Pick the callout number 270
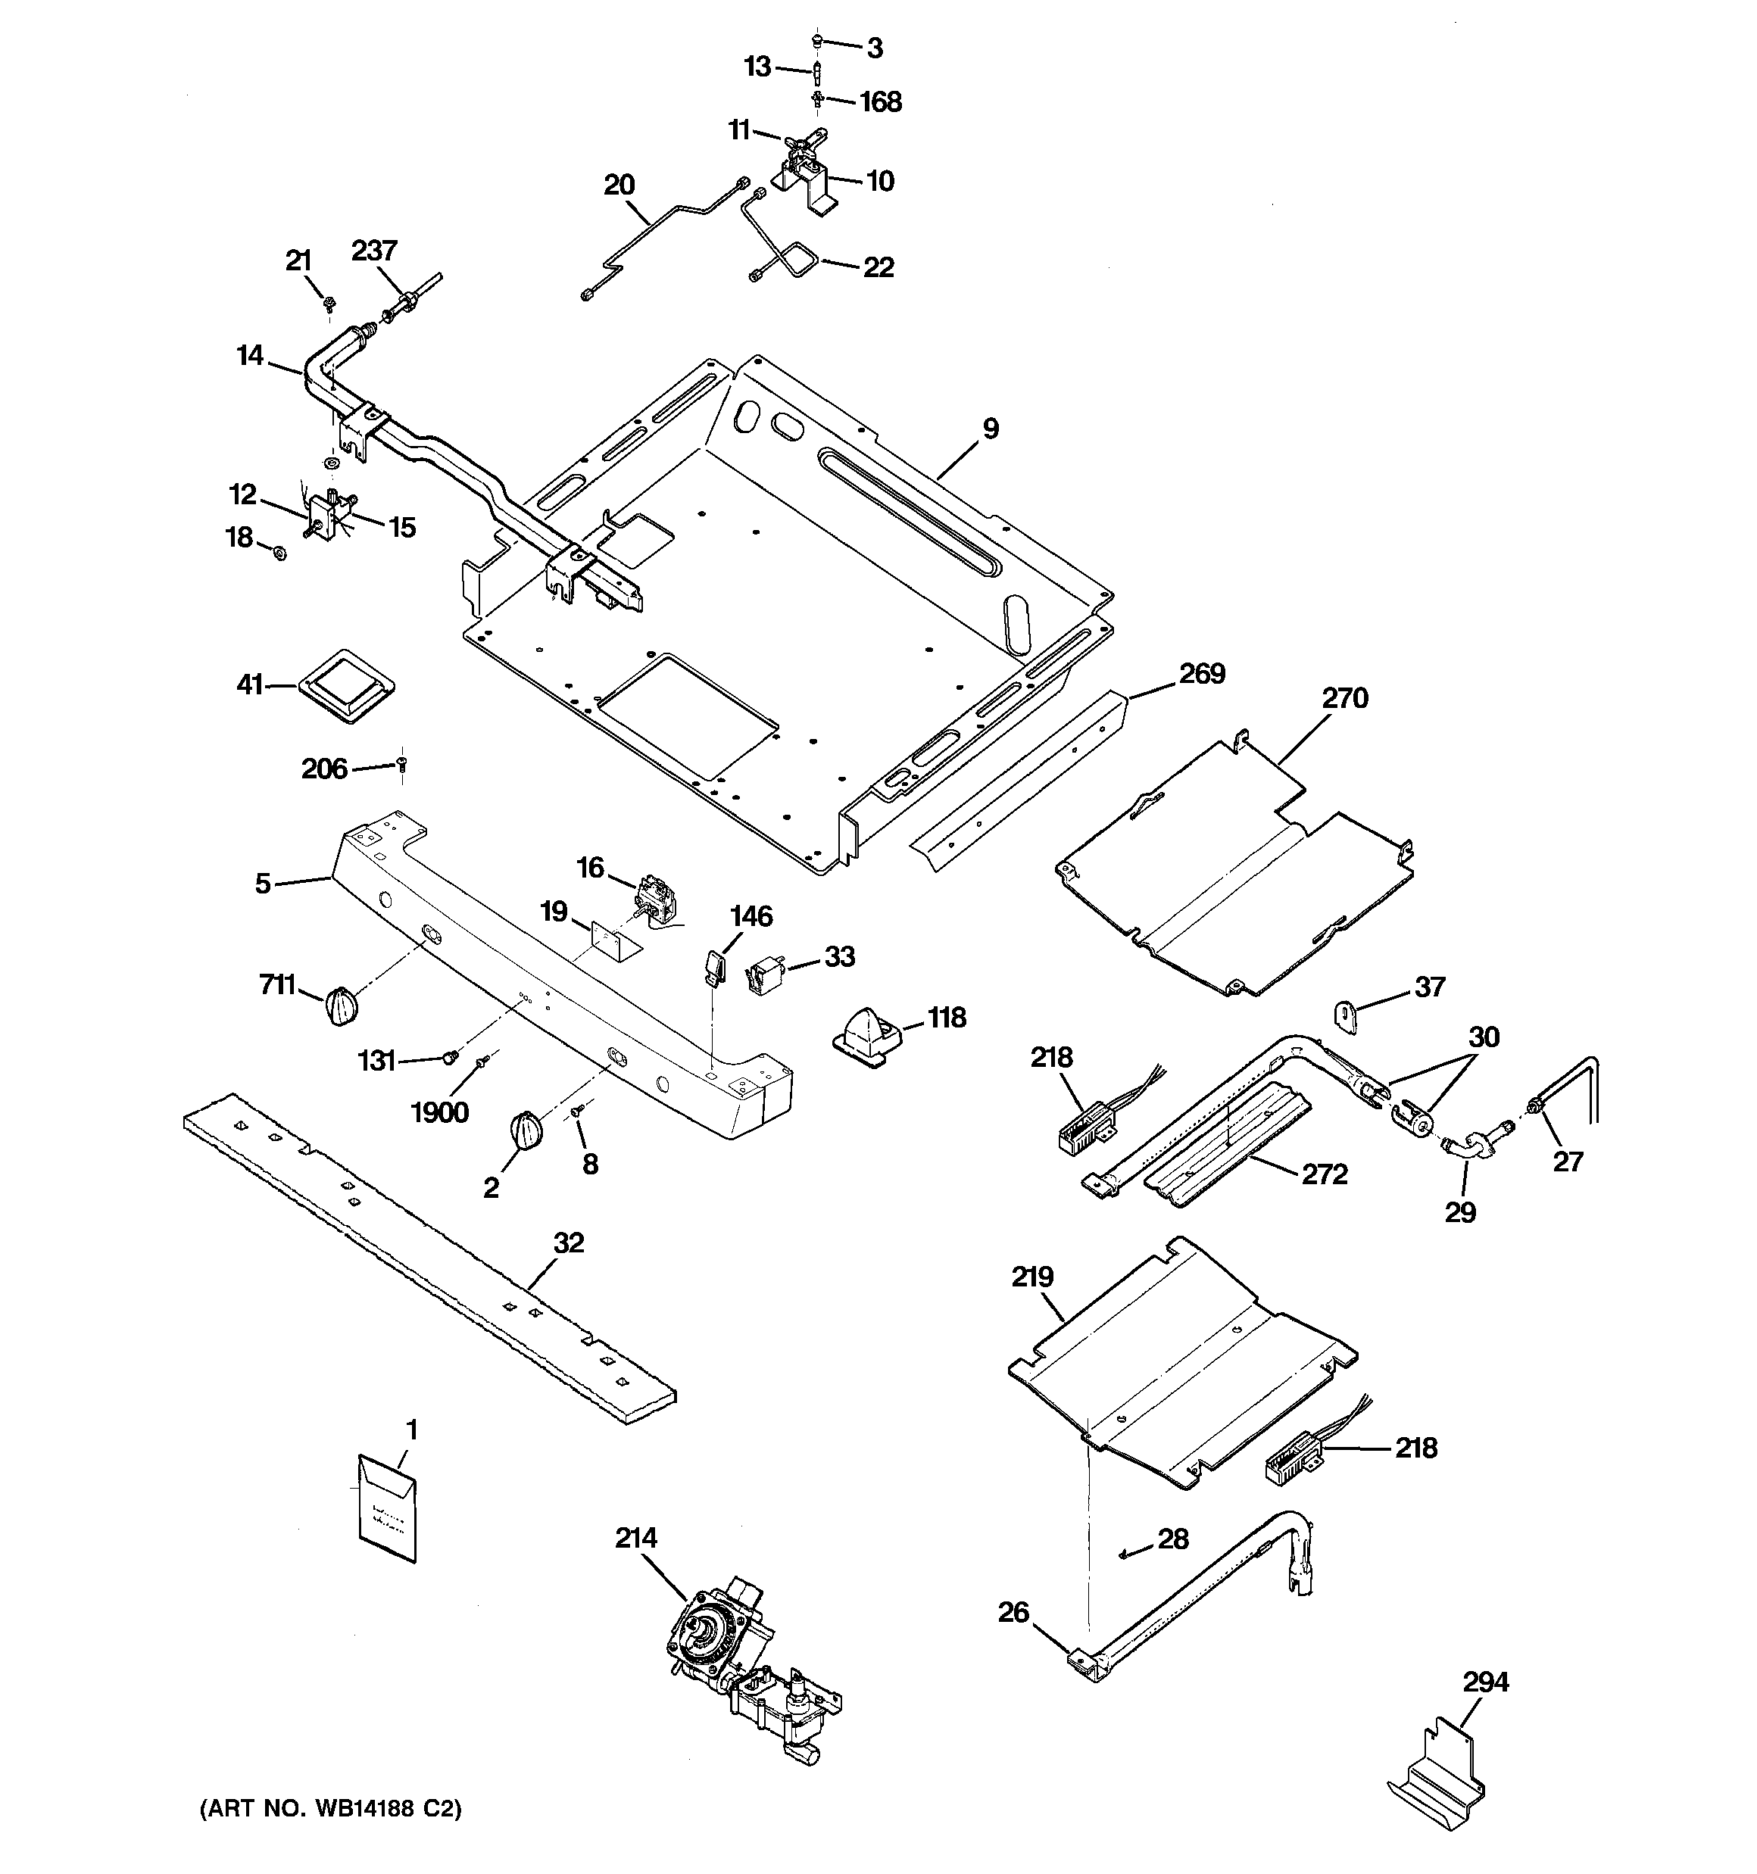(1344, 699)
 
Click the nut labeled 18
(279, 550)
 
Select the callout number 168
(881, 101)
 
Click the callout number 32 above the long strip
(569, 1243)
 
